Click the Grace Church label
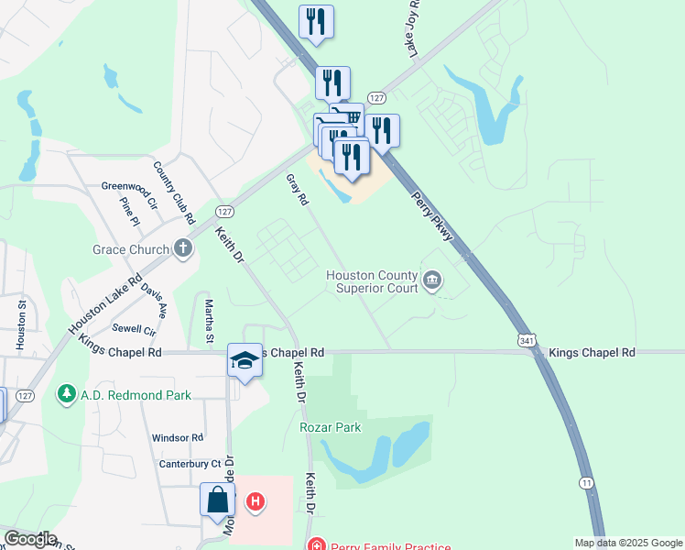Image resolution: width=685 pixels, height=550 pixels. click(x=130, y=249)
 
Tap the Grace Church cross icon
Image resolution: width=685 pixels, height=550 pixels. click(x=183, y=248)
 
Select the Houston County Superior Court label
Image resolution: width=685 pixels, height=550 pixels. click(x=372, y=281)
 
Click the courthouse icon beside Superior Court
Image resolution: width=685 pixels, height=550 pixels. click(x=432, y=278)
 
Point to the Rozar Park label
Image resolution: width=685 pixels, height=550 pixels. click(x=330, y=427)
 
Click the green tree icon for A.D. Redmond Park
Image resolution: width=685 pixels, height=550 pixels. click(x=66, y=394)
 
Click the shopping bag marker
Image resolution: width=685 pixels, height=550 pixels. click(x=217, y=500)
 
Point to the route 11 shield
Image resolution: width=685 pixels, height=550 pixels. click(x=585, y=482)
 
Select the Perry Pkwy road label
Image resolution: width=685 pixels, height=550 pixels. click(x=431, y=216)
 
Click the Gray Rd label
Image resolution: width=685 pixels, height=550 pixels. click(x=297, y=190)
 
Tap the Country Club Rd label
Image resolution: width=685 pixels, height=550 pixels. click(x=175, y=193)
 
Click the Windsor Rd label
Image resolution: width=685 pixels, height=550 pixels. click(x=177, y=438)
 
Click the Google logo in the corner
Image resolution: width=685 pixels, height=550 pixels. click(x=29, y=539)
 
